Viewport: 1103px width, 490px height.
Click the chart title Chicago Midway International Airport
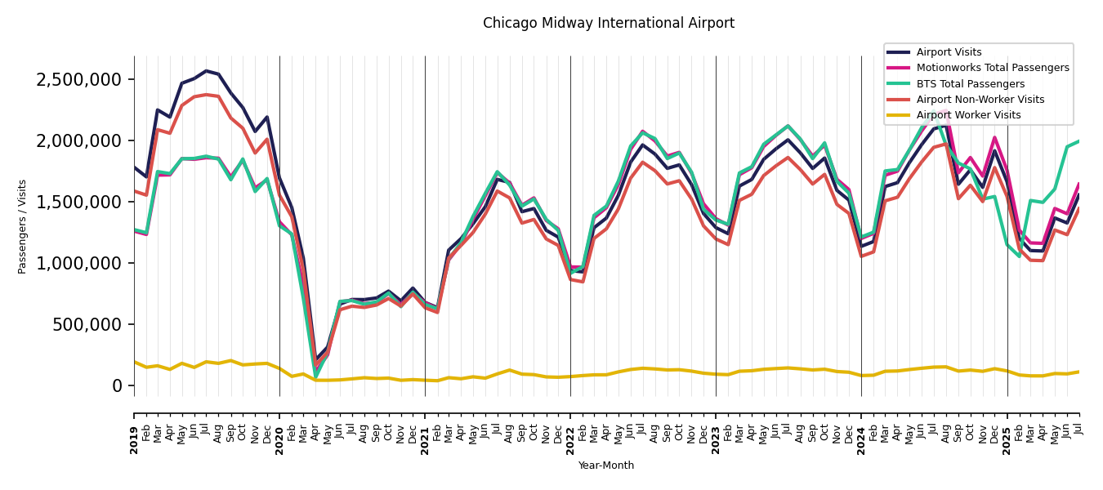click(608, 23)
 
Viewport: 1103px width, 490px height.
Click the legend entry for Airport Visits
click(949, 52)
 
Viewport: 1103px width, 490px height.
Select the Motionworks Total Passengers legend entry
click(992, 68)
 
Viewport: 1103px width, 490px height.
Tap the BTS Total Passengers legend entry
click(970, 84)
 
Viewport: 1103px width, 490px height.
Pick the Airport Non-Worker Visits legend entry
click(980, 100)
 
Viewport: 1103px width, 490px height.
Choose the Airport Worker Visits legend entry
click(968, 115)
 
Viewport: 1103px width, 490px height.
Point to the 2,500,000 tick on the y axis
click(79, 79)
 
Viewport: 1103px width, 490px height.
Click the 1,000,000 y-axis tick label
click(79, 263)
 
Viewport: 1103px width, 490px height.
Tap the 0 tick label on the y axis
click(118, 385)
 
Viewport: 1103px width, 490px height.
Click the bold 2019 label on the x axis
click(134, 430)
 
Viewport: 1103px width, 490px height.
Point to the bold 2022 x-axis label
click(570, 430)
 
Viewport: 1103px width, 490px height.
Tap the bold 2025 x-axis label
click(1007, 430)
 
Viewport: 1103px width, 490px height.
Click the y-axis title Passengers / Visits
click(23, 226)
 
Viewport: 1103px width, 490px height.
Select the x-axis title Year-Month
click(605, 465)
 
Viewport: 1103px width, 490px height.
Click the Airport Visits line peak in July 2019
click(207, 71)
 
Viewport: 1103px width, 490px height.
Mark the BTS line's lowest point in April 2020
click(316, 376)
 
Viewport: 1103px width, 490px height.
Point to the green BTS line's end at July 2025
click(1079, 141)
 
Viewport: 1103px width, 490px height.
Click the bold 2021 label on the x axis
click(425, 430)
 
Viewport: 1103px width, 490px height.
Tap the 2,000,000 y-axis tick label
click(79, 140)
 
